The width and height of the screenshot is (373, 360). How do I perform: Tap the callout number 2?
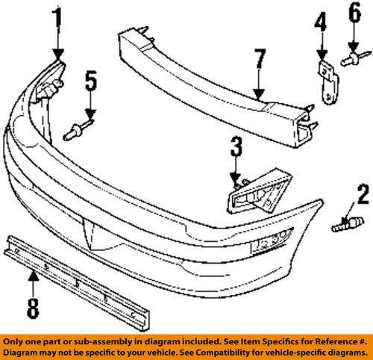tap(342, 196)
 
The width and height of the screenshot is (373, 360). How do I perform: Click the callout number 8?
tap(34, 306)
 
